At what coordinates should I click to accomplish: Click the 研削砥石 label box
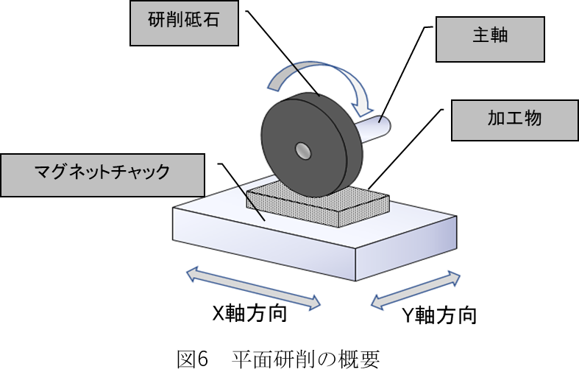point(185,23)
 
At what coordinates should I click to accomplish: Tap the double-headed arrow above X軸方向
point(253,288)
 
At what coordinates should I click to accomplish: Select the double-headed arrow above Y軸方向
point(416,289)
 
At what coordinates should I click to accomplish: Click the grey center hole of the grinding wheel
point(303,151)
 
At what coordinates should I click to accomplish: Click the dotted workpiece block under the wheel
point(294,210)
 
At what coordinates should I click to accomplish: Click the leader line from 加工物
point(405,147)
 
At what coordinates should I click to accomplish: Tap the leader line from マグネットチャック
point(243,189)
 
